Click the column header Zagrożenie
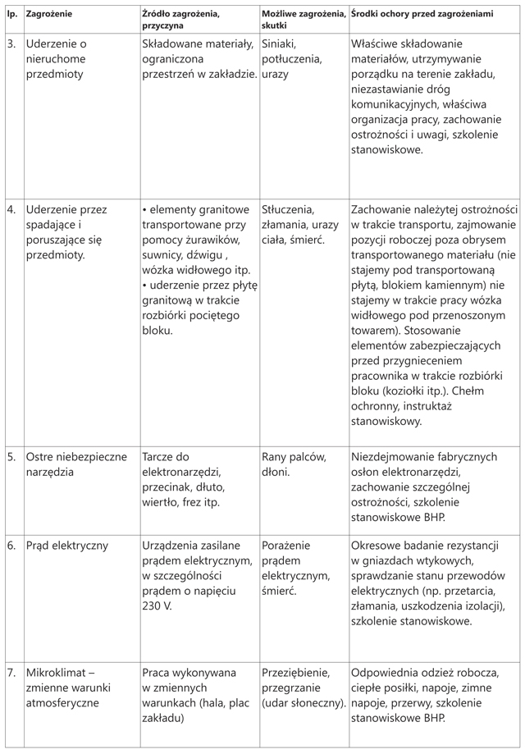[49, 16]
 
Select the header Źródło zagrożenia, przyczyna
[180, 21]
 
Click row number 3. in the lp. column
[11, 44]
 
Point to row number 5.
[11, 456]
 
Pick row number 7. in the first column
[11, 672]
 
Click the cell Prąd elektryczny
[67, 545]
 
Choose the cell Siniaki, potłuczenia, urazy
[291, 58]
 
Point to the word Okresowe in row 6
[377, 545]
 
